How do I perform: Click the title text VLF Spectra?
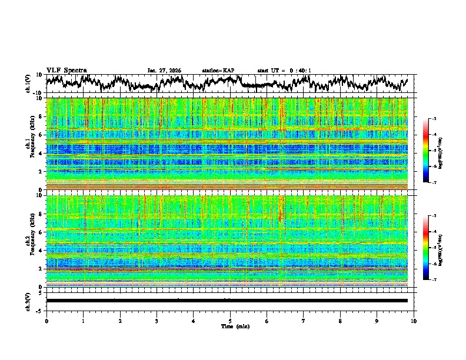click(x=66, y=71)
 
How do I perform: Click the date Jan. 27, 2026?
click(x=164, y=71)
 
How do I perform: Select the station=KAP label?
click(x=218, y=71)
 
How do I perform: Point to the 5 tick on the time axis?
click(x=230, y=321)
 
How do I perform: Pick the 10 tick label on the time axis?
click(x=414, y=321)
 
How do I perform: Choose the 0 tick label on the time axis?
click(x=46, y=321)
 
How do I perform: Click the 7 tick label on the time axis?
click(x=304, y=321)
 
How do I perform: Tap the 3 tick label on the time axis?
click(x=157, y=321)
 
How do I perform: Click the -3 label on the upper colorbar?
click(x=434, y=119)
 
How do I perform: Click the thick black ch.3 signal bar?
click(x=227, y=301)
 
